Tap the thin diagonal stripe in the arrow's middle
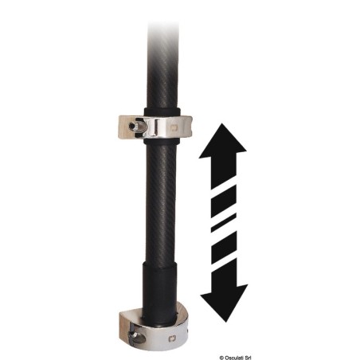(224, 223)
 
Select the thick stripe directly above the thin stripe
(224, 202)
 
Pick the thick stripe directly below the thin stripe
(224, 248)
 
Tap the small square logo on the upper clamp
(174, 129)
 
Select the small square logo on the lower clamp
(172, 338)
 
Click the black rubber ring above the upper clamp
(162, 112)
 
